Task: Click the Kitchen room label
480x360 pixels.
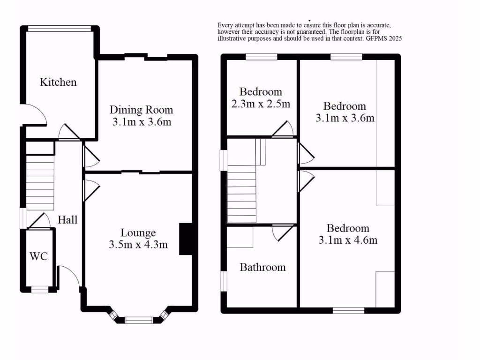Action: [x=58, y=82]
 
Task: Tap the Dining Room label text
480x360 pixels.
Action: [x=141, y=110]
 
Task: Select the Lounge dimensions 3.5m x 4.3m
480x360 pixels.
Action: [x=138, y=244]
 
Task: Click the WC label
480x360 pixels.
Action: [x=38, y=256]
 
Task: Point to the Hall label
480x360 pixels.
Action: [x=67, y=219]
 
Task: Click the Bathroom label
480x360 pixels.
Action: [x=262, y=267]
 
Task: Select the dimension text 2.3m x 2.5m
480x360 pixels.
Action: [x=261, y=104]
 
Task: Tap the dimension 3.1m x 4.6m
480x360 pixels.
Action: [x=348, y=240]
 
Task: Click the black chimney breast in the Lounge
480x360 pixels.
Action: [x=186, y=239]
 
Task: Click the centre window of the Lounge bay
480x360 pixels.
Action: [x=139, y=320]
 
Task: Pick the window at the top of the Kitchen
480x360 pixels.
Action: [x=59, y=29]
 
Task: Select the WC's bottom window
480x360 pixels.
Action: [x=40, y=289]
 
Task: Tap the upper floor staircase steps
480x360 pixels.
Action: [x=242, y=197]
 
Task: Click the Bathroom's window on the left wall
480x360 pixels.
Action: [x=224, y=280]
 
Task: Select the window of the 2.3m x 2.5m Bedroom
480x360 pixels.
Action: [x=261, y=57]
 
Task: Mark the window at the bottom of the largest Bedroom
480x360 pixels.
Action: [x=348, y=310]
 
